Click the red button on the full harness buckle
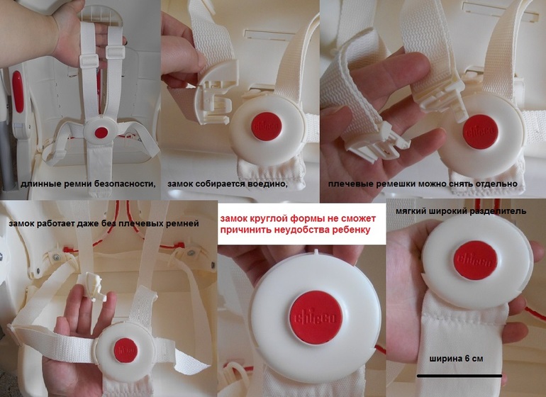click(x=101, y=133)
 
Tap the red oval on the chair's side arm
click(x=18, y=91)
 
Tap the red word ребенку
click(x=350, y=230)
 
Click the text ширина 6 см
click(x=456, y=359)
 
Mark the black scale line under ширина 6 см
click(x=459, y=376)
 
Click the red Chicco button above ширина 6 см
click(x=475, y=260)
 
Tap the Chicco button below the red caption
click(x=316, y=318)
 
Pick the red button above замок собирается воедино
click(x=267, y=126)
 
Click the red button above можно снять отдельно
click(x=481, y=132)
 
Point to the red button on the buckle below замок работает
click(x=126, y=350)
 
